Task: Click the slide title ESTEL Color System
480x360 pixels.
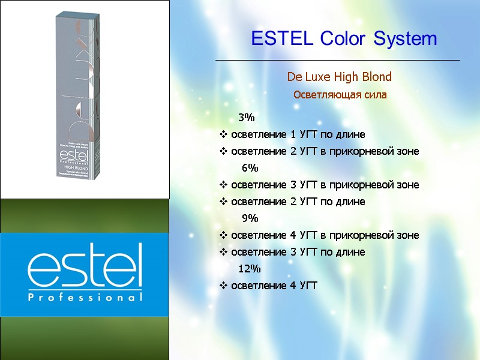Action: [344, 40]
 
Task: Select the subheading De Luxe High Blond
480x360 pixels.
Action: [340, 77]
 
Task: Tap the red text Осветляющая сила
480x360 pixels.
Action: [340, 95]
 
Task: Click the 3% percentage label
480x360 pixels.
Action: [247, 116]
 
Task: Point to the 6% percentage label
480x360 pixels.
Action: [250, 167]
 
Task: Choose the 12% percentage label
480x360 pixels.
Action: [250, 268]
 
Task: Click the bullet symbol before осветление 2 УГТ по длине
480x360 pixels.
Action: [224, 202]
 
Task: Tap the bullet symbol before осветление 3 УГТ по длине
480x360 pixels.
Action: [224, 252]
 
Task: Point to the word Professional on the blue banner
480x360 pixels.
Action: [85, 297]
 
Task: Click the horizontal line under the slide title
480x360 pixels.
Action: [337, 61]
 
